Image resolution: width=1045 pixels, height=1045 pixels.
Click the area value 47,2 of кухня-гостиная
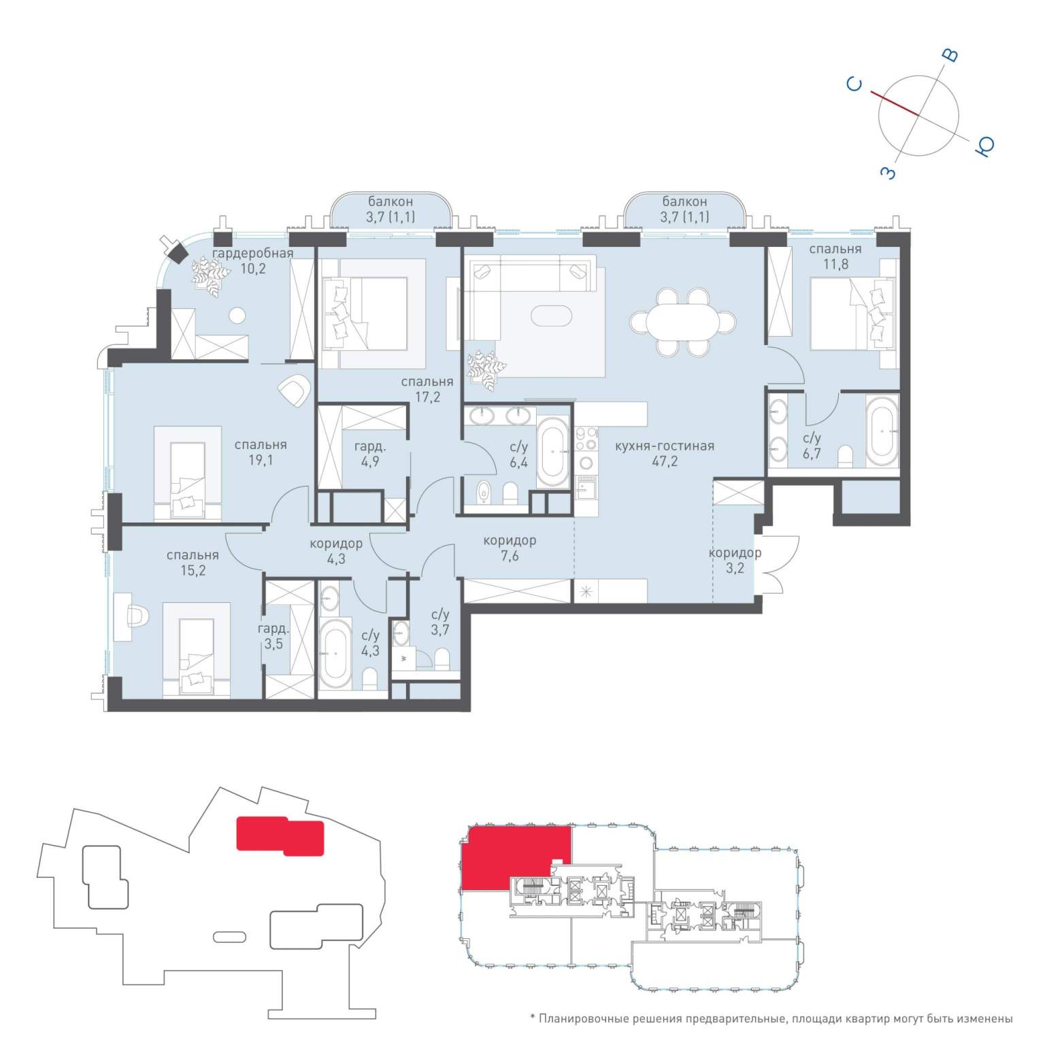(664, 462)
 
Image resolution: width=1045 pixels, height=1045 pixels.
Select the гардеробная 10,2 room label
(252, 261)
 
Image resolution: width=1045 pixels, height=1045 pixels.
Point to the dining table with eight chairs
(682, 322)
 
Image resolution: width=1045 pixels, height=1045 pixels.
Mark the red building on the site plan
(280, 835)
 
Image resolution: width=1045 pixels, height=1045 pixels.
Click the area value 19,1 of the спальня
(261, 460)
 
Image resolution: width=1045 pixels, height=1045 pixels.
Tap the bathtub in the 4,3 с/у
(335, 652)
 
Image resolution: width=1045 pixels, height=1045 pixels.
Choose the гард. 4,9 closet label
(370, 454)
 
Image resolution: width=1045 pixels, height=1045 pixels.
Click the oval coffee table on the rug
(552, 316)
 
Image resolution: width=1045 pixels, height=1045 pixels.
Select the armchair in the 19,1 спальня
(295, 391)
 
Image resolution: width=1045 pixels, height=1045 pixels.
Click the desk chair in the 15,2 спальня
(138, 617)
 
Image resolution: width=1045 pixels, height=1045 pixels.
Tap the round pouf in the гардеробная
(237, 315)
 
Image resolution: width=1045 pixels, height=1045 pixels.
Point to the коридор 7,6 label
(510, 548)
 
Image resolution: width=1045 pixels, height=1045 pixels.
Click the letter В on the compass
(952, 56)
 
